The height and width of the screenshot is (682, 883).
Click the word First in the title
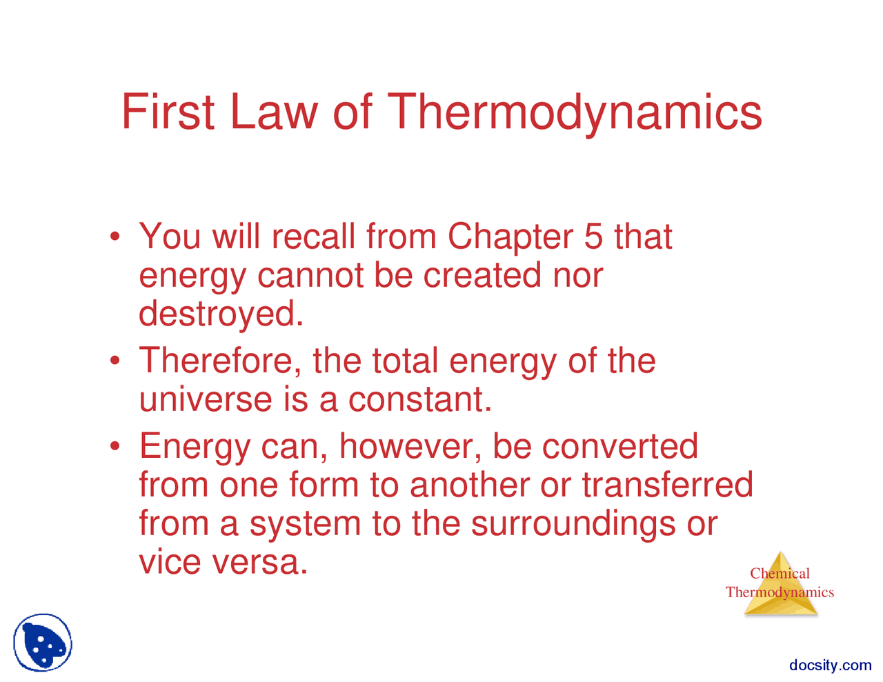point(168,112)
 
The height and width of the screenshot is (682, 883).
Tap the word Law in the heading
point(273,112)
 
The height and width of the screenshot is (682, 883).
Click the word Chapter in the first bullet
point(510,237)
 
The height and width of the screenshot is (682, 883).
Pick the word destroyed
point(221,314)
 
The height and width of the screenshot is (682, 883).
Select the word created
point(482,275)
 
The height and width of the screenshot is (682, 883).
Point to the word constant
point(420,399)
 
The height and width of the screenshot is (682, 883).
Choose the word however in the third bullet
point(410,446)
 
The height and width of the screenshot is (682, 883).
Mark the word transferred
point(667,485)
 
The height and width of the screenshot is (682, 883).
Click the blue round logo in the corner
point(43,643)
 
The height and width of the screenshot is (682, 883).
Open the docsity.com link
point(830,665)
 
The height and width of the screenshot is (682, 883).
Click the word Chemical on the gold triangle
point(780,573)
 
